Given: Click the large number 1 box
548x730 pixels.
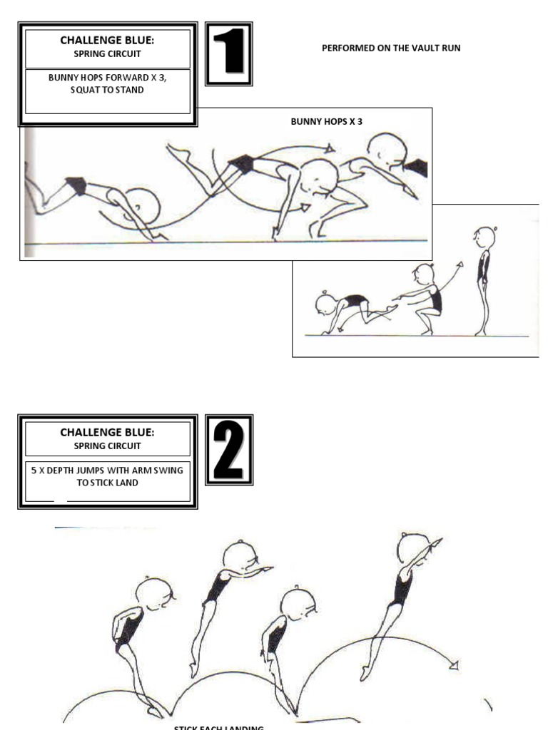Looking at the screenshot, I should tap(229, 53).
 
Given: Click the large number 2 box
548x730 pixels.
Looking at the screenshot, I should tap(229, 450).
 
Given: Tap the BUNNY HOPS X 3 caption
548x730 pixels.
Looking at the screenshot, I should tap(326, 122).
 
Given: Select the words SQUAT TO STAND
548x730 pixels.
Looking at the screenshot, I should tap(107, 90).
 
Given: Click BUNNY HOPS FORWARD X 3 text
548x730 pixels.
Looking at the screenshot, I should tap(107, 78).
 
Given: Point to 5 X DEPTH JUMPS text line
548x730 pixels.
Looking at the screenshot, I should tap(107, 471).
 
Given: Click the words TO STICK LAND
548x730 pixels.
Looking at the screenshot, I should tap(107, 483).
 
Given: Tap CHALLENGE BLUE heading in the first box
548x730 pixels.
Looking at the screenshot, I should tap(107, 41).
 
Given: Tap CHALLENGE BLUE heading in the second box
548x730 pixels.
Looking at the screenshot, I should tap(107, 433).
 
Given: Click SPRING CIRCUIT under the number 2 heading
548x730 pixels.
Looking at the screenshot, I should tap(107, 446).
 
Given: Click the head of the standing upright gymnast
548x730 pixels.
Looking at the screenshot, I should tap(485, 237).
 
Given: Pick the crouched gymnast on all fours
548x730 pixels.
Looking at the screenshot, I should tap(342, 308).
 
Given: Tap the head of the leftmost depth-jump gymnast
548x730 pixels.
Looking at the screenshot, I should tap(152, 593).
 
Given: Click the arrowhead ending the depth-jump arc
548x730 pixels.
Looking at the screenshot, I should tap(452, 666).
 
